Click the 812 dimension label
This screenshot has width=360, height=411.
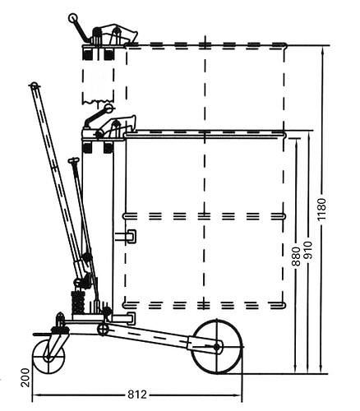[137, 395]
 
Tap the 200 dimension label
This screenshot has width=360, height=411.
[25, 377]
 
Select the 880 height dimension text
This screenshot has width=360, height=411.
[296, 256]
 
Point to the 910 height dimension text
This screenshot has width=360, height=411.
[308, 250]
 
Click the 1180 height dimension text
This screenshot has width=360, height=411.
[321, 210]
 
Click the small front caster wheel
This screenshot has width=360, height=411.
[48, 357]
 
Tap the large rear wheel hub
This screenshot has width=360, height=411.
[217, 347]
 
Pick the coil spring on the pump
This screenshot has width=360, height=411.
[78, 302]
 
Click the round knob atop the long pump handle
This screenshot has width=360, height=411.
[34, 85]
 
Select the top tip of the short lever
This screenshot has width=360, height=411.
[73, 160]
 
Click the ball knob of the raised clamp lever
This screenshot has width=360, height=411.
[73, 18]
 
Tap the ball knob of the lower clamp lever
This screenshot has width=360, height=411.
[108, 109]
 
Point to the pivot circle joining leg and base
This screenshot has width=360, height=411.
[103, 329]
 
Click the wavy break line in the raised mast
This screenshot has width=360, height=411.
[98, 102]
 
